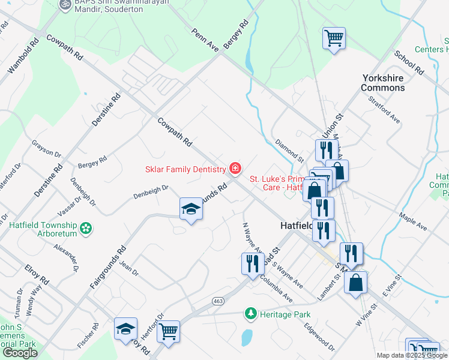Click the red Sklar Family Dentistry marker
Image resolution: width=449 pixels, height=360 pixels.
(235, 168)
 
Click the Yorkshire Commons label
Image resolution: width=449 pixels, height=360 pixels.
(383, 83)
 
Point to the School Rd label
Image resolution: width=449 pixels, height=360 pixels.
(409, 62)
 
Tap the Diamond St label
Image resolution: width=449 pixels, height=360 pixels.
(289, 151)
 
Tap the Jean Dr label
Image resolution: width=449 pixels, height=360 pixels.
(129, 268)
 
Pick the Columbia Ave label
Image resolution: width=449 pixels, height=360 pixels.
(277, 290)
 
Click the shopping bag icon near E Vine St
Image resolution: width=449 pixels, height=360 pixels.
(356, 283)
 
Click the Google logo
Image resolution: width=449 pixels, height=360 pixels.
(20, 353)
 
